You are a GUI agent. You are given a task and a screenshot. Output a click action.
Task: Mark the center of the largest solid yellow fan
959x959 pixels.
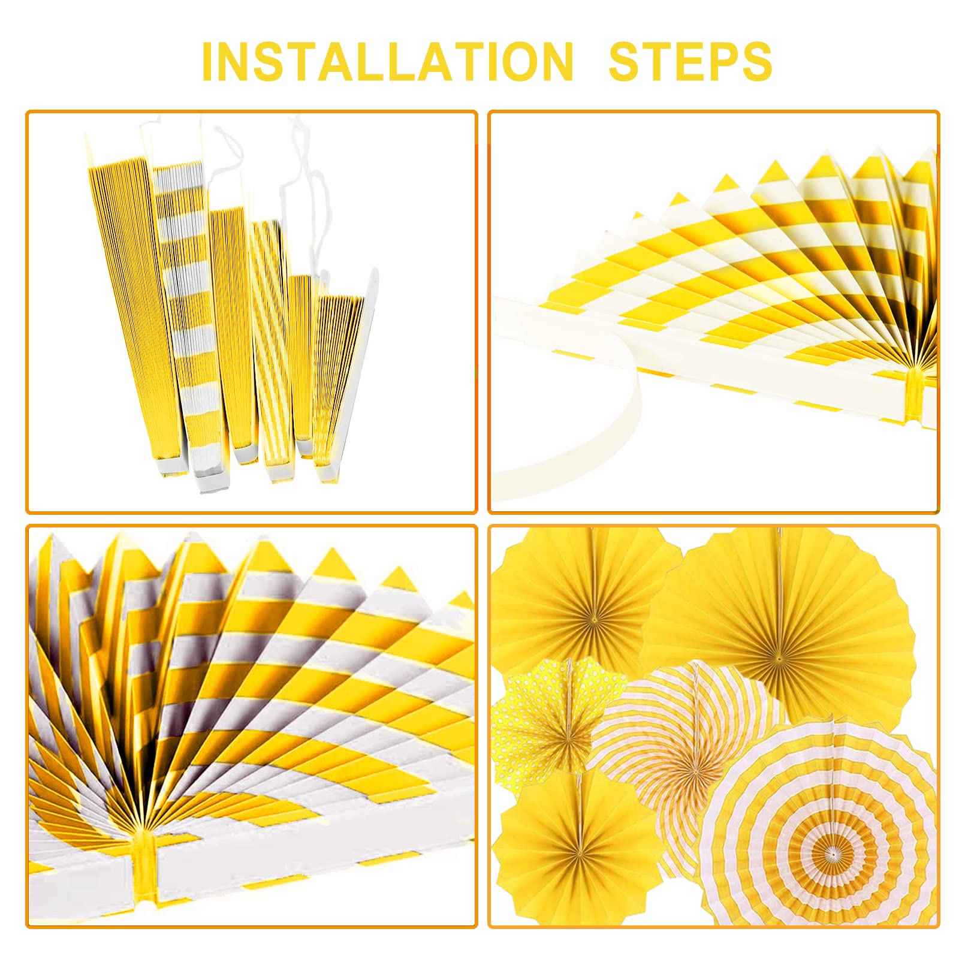pos(779,658)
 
